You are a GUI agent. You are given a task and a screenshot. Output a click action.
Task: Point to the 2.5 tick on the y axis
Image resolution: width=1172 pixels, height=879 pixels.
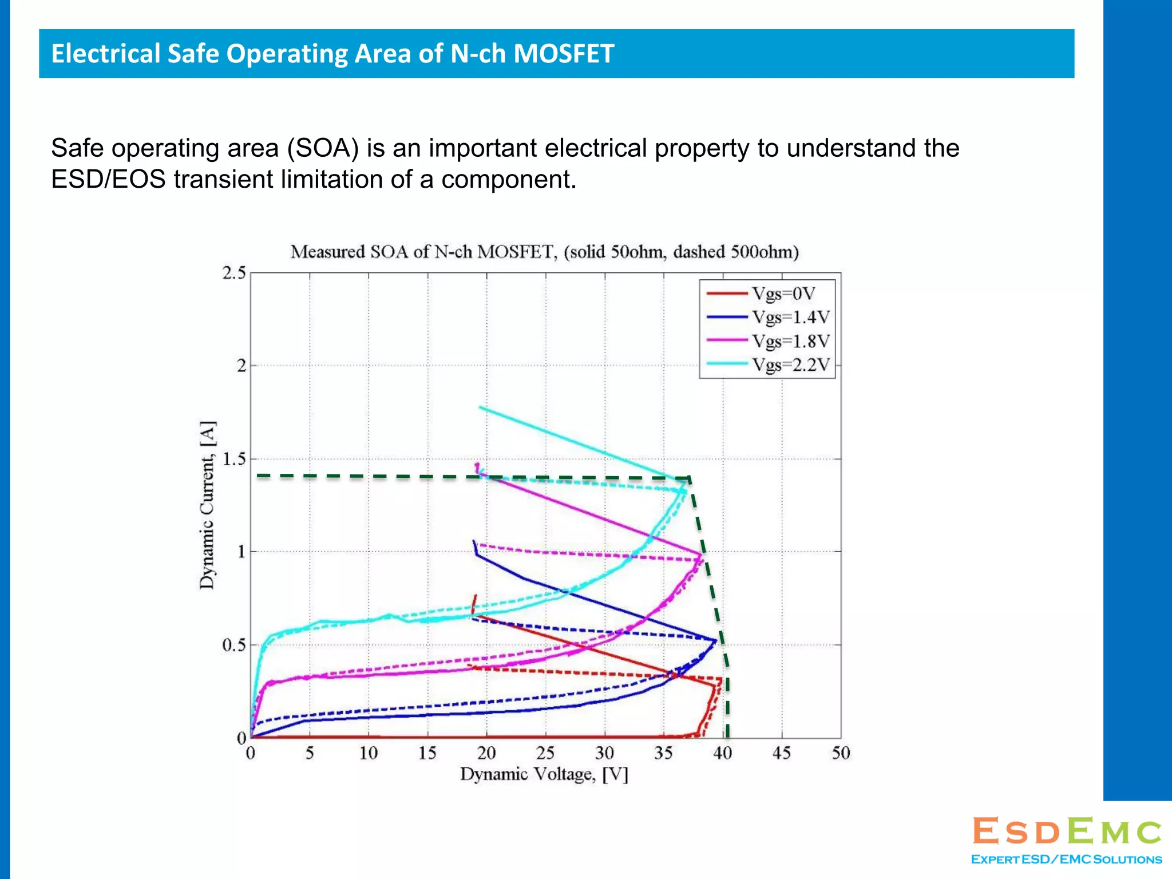tap(233, 273)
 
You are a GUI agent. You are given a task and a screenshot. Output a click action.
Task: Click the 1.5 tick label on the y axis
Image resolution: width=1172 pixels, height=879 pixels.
tap(233, 459)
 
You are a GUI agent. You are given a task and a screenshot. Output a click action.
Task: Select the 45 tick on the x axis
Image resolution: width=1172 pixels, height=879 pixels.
tap(782, 753)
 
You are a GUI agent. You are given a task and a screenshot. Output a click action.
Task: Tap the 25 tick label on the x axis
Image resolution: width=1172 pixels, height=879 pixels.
tap(545, 753)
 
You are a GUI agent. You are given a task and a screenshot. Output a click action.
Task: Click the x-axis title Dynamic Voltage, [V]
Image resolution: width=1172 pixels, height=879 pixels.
tap(544, 775)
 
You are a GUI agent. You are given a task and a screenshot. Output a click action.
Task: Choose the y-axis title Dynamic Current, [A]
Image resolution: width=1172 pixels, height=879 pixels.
tap(207, 505)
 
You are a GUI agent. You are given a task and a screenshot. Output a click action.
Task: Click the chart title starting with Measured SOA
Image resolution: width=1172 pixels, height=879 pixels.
tap(544, 252)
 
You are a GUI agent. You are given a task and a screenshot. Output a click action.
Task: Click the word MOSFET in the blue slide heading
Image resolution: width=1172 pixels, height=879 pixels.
tap(563, 54)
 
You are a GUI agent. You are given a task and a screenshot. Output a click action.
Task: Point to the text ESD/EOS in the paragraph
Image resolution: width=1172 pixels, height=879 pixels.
tap(108, 180)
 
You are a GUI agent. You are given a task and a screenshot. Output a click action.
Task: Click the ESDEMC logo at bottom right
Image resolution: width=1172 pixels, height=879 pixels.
tap(1067, 832)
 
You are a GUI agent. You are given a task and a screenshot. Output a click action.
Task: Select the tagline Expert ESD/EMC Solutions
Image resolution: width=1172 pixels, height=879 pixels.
tap(1067, 860)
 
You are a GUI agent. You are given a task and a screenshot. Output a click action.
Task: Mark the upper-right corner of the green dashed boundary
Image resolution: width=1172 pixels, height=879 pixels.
tap(689, 477)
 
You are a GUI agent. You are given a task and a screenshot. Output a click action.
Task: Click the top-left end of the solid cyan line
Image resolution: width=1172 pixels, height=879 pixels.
tap(480, 407)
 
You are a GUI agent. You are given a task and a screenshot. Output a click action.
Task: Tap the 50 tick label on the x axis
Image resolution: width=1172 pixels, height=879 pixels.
tap(841, 753)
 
